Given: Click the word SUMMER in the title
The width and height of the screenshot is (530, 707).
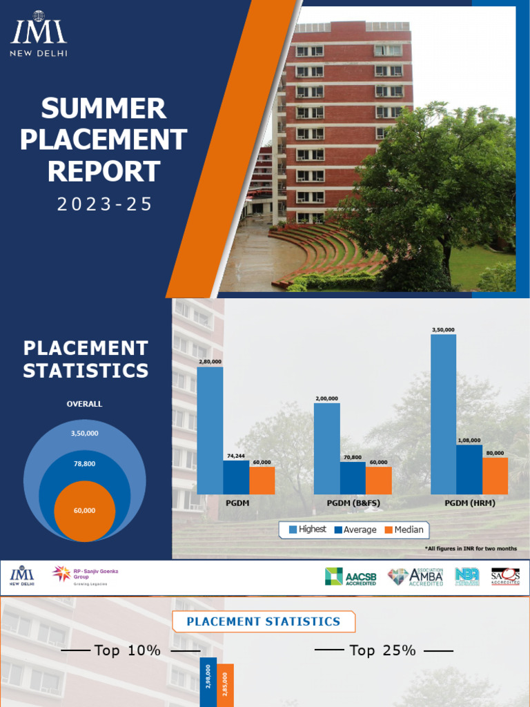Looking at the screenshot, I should tap(104, 109).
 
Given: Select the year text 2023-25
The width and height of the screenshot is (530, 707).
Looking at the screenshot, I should tap(104, 204).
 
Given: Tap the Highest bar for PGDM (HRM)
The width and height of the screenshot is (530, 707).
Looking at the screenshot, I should tap(443, 414).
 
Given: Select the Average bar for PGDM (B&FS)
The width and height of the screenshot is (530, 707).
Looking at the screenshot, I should tap(353, 478).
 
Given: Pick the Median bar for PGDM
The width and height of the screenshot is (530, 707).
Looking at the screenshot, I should tap(262, 481).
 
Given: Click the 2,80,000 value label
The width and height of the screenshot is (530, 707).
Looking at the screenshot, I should tap(210, 361).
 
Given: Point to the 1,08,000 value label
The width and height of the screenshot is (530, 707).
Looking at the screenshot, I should tap(469, 440).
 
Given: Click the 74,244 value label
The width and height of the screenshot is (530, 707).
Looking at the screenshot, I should tap(236, 456).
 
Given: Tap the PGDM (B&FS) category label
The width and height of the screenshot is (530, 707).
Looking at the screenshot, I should tap(353, 503).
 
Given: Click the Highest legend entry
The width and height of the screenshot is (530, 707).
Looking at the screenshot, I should tap(307, 530).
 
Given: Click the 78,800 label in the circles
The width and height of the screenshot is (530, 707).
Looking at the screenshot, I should tap(84, 464).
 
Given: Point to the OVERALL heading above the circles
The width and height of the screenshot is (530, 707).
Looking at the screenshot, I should tap(84, 404).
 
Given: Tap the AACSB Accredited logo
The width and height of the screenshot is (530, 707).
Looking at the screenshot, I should tap(351, 577).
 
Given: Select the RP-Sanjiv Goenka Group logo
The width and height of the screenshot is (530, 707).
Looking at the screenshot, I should tap(81, 575).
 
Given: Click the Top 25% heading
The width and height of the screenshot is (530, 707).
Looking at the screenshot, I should tap(383, 650).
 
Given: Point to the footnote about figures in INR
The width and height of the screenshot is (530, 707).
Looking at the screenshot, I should tap(471, 549).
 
